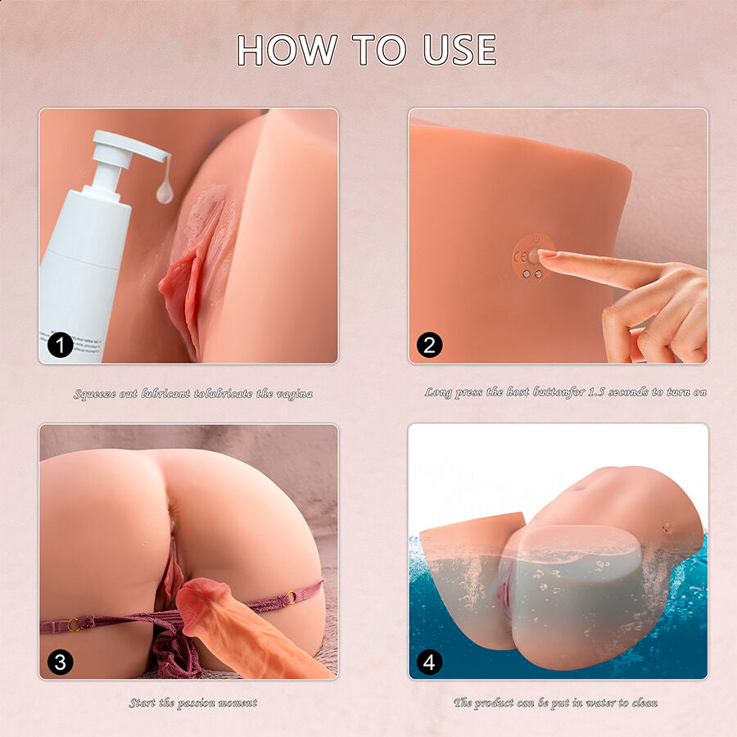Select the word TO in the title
point(379,50)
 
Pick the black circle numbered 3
point(60,661)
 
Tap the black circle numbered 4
point(429,661)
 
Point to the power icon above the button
point(534,242)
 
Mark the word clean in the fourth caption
point(642,703)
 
